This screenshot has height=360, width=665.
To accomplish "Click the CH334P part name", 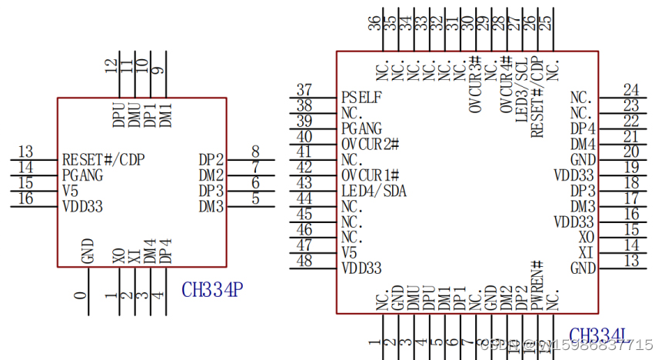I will (213, 289).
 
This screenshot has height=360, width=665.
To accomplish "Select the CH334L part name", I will (600, 335).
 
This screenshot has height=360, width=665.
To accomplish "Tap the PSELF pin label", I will (361, 98).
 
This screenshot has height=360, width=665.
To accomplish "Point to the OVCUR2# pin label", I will (370, 144).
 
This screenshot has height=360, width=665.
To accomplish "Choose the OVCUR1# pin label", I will (370, 175).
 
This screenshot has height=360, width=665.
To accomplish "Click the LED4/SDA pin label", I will (374, 191).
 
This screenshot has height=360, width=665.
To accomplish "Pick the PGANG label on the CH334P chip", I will (83, 175).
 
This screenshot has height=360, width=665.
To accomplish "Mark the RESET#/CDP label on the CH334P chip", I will (104, 160).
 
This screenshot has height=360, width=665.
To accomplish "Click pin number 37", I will (304, 90).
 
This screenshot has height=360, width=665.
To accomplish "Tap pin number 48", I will (304, 261).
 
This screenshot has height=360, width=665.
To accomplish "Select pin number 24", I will (631, 90).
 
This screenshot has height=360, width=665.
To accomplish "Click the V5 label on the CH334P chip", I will (71, 191).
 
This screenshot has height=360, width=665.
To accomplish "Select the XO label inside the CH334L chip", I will (587, 238).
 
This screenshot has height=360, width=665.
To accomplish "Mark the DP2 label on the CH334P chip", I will (211, 160).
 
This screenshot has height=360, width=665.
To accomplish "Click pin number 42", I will (304, 168).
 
